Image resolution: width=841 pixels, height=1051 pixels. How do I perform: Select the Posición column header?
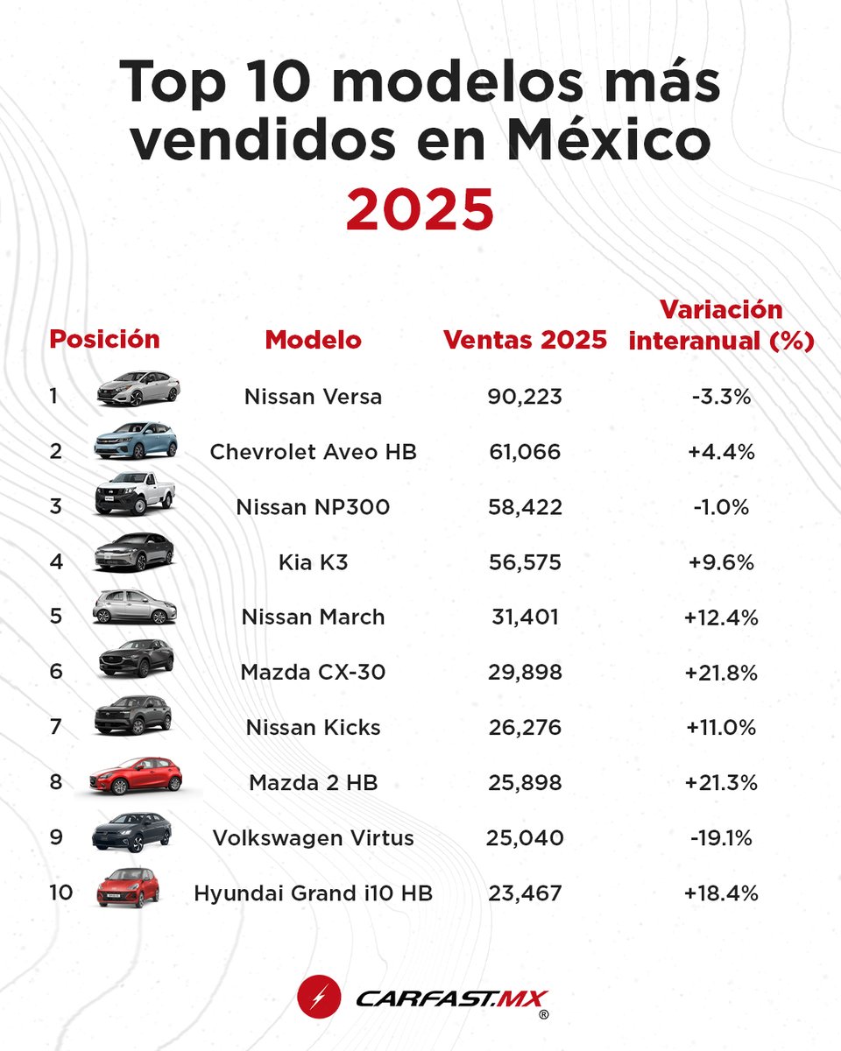point(104,339)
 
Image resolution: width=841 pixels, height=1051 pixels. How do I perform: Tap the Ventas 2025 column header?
point(525,340)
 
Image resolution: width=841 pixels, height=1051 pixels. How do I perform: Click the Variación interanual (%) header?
point(721,325)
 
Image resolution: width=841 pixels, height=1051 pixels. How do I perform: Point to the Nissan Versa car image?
point(138,388)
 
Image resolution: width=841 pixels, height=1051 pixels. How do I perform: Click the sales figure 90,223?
point(525,397)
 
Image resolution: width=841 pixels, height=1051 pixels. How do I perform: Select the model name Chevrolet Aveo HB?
point(313,452)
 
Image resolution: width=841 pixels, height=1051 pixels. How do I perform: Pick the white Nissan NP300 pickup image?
point(136,494)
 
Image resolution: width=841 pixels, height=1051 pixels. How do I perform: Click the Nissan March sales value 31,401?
point(525,617)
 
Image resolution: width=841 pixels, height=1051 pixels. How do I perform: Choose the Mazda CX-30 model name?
point(313,673)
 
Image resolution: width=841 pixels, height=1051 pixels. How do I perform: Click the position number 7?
point(55,727)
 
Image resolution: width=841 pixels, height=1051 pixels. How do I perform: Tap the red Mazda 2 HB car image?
point(137,775)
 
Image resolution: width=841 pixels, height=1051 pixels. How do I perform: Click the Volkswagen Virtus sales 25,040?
point(525,838)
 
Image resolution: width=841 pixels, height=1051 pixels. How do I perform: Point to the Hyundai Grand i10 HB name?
point(313,893)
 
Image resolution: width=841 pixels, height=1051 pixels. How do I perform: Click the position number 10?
point(60,892)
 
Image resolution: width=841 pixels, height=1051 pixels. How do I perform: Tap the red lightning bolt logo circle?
point(314,998)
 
